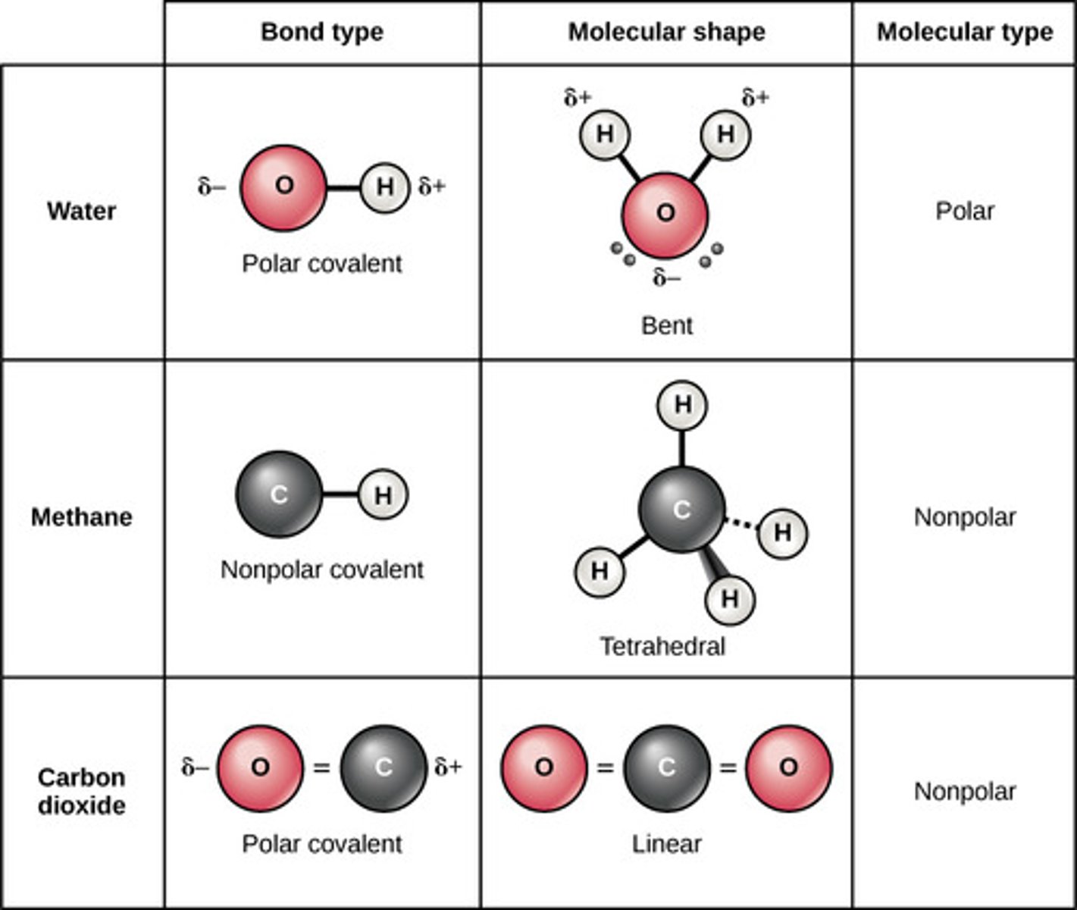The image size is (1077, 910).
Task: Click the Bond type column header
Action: click(x=322, y=32)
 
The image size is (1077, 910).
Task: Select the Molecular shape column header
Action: click(x=666, y=32)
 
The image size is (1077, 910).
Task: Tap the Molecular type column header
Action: click(x=964, y=32)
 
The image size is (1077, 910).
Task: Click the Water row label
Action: click(x=82, y=211)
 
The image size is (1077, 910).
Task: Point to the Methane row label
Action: click(x=82, y=517)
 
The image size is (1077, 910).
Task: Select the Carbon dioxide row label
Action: click(x=82, y=791)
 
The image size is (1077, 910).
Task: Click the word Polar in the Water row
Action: click(x=964, y=211)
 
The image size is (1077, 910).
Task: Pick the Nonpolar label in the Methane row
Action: click(x=964, y=517)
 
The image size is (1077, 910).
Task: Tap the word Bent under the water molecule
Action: click(x=666, y=325)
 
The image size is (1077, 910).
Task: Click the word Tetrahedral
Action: click(x=662, y=646)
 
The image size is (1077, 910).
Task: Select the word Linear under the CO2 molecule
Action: click(x=666, y=843)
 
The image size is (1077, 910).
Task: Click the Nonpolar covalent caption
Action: click(x=321, y=570)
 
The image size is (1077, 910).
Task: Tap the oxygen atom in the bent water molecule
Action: click(x=665, y=214)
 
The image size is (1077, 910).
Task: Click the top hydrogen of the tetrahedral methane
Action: click(x=682, y=405)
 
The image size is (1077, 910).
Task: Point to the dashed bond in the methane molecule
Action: click(x=741, y=524)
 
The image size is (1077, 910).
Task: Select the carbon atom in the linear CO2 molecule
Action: click(x=666, y=767)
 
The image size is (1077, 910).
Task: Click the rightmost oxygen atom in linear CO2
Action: click(x=788, y=767)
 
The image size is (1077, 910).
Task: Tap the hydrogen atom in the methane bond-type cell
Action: click(x=383, y=495)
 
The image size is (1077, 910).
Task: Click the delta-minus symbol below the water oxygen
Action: click(x=666, y=278)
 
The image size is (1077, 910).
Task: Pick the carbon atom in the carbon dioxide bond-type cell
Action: click(x=383, y=767)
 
